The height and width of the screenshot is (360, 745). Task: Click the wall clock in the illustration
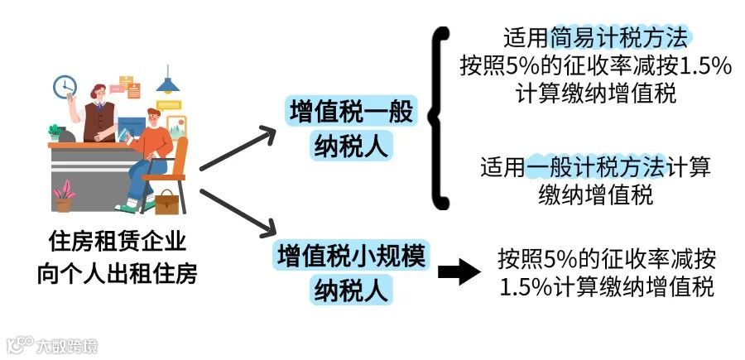[x=65, y=86]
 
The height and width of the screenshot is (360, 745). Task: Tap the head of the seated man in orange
[x=153, y=120]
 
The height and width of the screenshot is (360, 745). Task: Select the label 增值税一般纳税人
[x=351, y=130]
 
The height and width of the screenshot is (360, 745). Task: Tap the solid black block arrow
[x=460, y=272]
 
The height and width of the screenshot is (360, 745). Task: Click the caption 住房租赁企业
[x=117, y=242]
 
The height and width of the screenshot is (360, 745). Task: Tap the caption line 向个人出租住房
[x=117, y=272]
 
